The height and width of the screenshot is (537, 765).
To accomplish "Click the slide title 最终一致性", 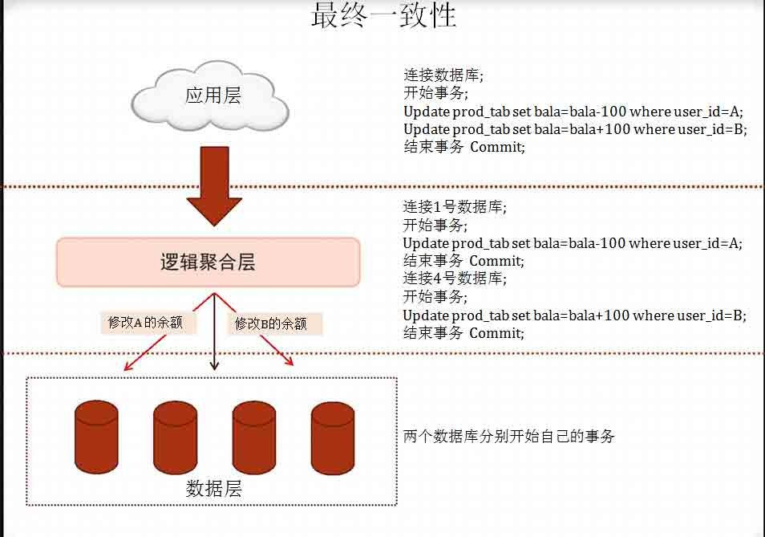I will coord(383,16).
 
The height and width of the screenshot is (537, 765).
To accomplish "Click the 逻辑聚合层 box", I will coord(208,262).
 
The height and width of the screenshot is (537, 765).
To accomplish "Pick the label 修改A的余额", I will coord(146,323).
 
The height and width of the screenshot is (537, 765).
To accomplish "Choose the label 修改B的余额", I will coord(271,324).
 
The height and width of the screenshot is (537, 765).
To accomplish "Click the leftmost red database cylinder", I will coord(96,437).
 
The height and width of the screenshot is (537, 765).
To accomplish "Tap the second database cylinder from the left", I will coord(175,437).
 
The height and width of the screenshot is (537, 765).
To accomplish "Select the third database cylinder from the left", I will coord(254,437).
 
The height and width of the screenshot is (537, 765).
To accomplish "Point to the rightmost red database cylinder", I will coord(333,437).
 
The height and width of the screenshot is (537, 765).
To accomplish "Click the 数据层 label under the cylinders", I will coord(213,488).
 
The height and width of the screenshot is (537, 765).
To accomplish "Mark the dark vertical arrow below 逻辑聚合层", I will coord(213,337).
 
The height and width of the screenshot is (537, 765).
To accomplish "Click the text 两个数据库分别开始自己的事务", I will coord(508,437).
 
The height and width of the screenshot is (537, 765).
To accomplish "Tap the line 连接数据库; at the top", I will coord(443,76).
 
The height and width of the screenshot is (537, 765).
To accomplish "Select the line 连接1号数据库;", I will coord(455,207).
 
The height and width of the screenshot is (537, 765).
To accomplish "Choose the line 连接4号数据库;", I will coord(455,279).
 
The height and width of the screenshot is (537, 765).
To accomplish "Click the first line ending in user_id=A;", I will coord(573,112).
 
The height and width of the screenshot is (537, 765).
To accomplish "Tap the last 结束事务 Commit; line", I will coord(463,333).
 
